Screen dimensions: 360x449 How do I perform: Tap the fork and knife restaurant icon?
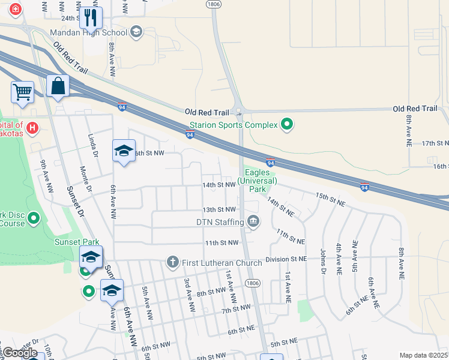click(91, 18)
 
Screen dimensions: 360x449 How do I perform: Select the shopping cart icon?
click(22, 92)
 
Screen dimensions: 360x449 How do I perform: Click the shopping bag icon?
click(58, 86)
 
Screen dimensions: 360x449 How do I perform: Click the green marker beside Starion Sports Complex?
click(288, 125)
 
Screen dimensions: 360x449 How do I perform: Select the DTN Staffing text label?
click(220, 222)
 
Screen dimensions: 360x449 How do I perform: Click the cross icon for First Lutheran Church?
click(172, 262)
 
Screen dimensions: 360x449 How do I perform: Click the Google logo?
click(20, 353)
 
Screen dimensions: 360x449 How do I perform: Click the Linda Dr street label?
click(94, 145)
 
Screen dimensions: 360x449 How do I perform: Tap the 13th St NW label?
click(218, 209)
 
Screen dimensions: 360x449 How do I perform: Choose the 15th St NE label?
click(330, 200)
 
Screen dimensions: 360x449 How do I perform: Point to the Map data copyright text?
click(423, 355)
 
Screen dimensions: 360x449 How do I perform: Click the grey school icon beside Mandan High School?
click(136, 32)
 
